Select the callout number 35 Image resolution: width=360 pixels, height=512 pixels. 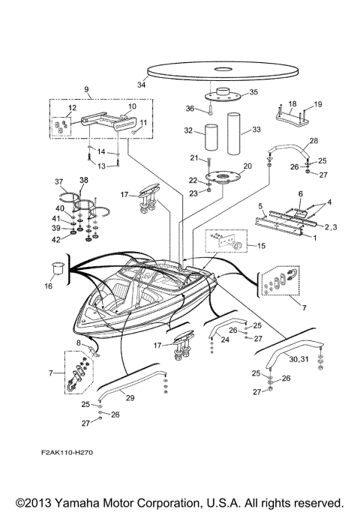pos(252,92)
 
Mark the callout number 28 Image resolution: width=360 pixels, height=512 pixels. pos(313,141)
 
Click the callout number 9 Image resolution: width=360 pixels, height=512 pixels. pos(87,91)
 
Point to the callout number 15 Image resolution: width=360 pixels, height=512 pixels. pos(261,245)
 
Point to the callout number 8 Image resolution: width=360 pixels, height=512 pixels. pos(77,343)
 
